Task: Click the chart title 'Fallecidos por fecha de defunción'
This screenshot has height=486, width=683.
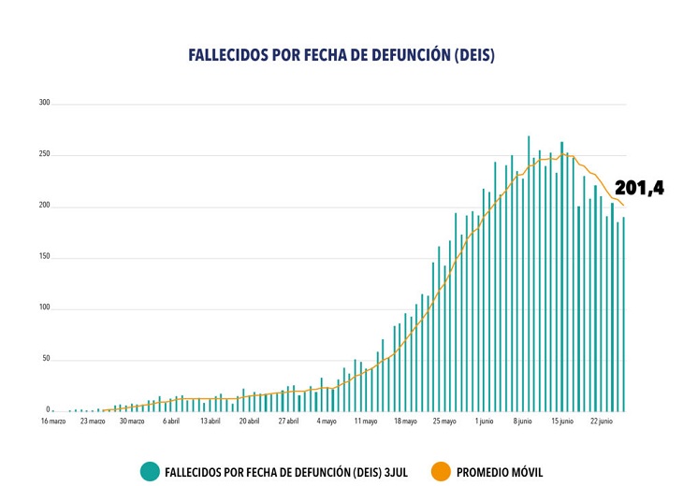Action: coord(341,56)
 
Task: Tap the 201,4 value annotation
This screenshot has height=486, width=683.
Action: coord(639,188)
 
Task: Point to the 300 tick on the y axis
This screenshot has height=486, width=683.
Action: coord(43,103)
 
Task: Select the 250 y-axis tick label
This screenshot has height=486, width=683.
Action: coord(43,154)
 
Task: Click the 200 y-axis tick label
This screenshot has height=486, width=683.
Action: coord(43,206)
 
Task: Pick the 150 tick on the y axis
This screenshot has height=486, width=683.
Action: coord(43,257)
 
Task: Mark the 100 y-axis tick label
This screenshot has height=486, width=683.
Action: coord(43,308)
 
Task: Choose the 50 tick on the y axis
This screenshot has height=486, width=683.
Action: coord(45,360)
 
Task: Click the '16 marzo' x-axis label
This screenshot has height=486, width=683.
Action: coord(52,422)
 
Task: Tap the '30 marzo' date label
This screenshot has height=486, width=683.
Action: coord(131,422)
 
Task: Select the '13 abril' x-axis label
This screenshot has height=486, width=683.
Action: coord(210,422)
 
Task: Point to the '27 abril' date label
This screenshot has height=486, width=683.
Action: coord(288,422)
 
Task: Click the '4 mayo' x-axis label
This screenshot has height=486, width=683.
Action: coord(327,422)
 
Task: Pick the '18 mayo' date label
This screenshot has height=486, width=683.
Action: coord(405,422)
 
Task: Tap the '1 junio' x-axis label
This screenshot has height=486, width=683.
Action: coord(484,422)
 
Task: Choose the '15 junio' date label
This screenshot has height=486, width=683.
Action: coord(561,422)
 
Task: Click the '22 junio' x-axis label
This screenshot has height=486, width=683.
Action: coord(601,422)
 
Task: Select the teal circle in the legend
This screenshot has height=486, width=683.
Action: coord(150,472)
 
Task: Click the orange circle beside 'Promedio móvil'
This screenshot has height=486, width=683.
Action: coord(441,472)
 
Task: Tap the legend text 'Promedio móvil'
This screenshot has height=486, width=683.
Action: coord(499,472)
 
